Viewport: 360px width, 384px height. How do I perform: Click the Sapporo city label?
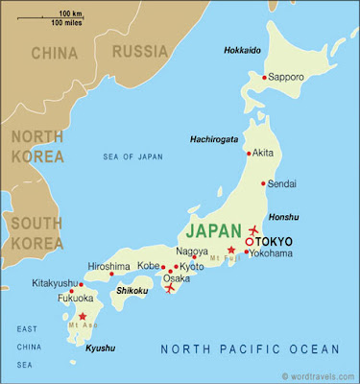click(x=288, y=75)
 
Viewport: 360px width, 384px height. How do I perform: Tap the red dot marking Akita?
click(x=250, y=153)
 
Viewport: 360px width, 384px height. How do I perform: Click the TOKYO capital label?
click(x=275, y=241)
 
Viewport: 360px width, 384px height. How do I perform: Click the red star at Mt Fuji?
click(x=230, y=250)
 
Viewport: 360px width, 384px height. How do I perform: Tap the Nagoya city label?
click(x=191, y=252)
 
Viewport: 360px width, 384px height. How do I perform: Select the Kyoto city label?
click(x=193, y=265)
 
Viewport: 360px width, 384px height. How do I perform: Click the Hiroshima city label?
click(x=108, y=266)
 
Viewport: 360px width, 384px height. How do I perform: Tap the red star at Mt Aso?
click(x=83, y=316)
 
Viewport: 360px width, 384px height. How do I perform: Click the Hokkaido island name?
click(x=242, y=49)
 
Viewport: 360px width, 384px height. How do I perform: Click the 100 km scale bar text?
click(x=70, y=12)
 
